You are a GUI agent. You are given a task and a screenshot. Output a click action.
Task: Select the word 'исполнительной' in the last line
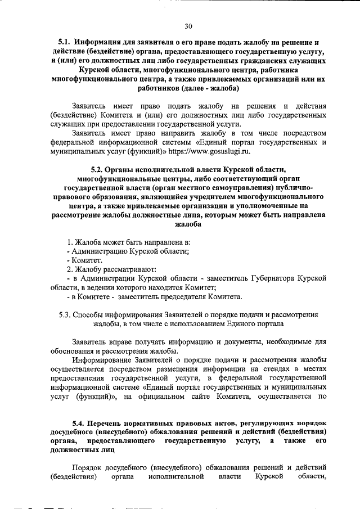[175, 477]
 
